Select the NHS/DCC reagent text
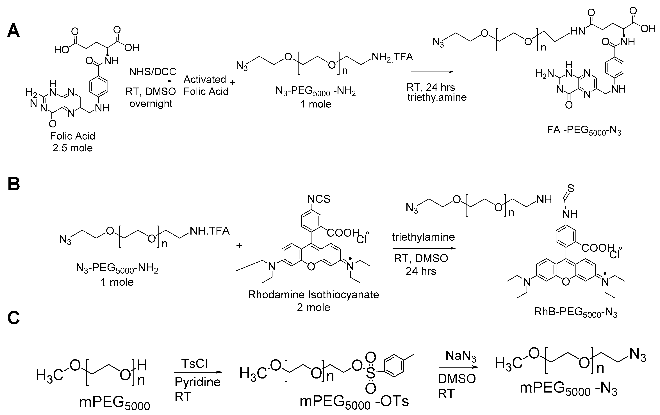tap(153, 72)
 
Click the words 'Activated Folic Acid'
tap(206, 85)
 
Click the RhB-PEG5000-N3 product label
tap(576, 312)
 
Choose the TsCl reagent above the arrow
tap(194, 363)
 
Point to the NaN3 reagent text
tap(460, 356)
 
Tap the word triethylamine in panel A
tap(437, 97)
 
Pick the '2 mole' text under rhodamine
tap(313, 307)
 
